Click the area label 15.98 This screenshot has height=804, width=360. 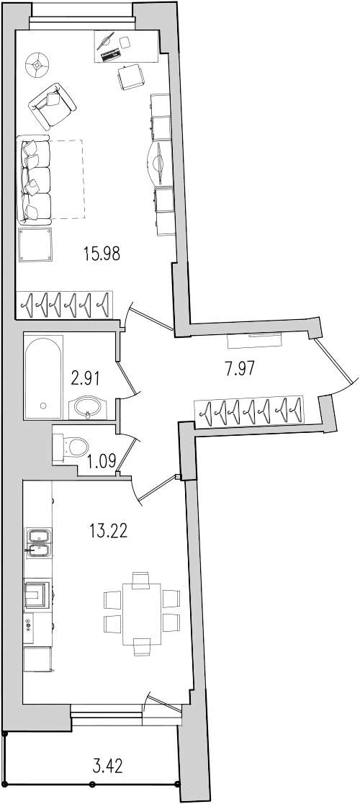pos(102,254)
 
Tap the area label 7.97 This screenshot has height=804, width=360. pos(240,368)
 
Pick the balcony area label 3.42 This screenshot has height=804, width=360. pos(107,767)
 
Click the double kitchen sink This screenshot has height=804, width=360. pos(38,544)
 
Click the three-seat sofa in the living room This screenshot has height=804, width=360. pos(35,179)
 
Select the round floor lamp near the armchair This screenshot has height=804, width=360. pos(37,64)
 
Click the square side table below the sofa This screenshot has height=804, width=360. pos(35,244)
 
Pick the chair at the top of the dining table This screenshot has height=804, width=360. pos(141,579)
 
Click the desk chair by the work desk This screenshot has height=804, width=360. pos(130,77)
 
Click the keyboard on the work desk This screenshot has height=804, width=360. pos(111,55)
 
